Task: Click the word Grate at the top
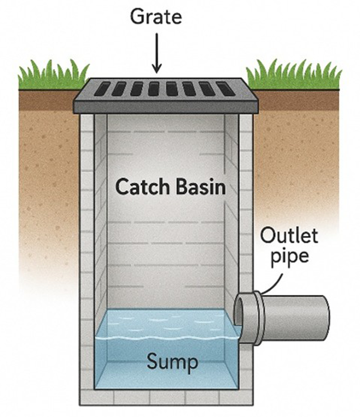[x=156, y=17]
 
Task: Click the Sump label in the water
[x=173, y=361]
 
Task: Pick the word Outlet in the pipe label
[x=288, y=235]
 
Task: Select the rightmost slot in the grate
[x=226, y=88]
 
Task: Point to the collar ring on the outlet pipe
[x=259, y=318]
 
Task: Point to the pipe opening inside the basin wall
[x=239, y=318]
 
